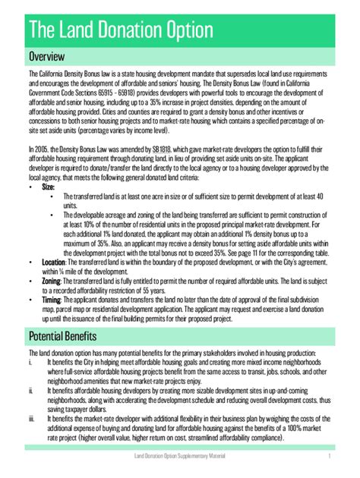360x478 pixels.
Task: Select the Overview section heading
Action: [47, 57]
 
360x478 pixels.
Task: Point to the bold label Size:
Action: [49, 186]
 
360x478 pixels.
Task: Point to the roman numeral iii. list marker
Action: [31, 419]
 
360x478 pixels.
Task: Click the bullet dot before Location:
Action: [30, 262]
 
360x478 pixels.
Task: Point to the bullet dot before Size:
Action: [30, 186]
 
